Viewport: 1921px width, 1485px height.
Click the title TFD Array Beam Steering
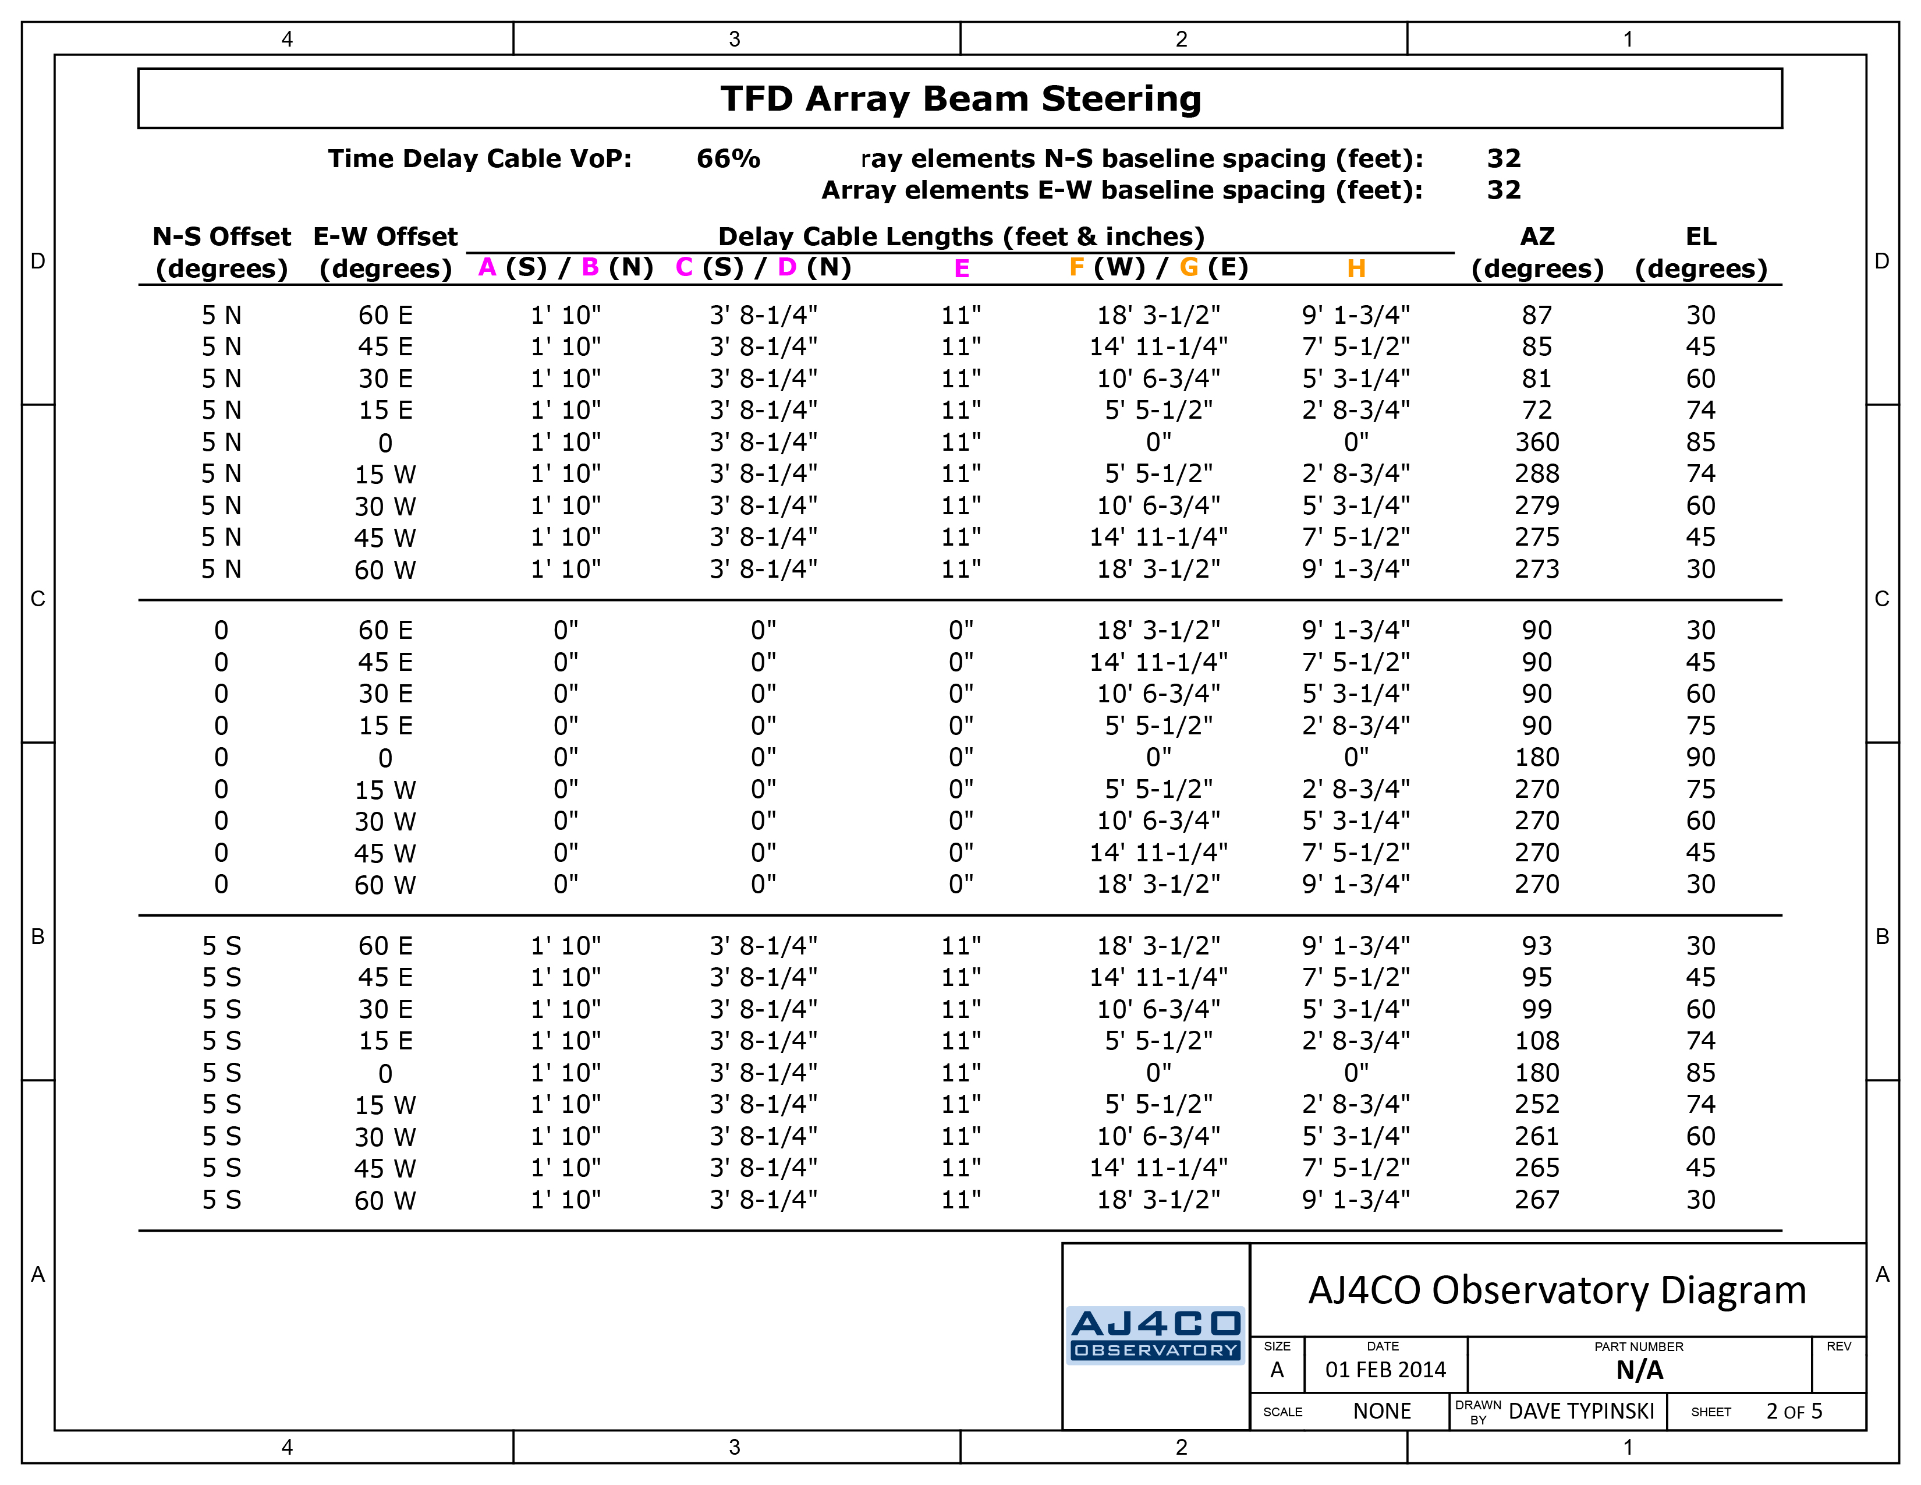click(960, 98)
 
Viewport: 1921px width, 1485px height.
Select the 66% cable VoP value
click(728, 158)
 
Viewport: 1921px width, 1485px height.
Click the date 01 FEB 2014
click(1385, 1370)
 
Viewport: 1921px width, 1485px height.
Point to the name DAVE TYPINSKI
click(1582, 1411)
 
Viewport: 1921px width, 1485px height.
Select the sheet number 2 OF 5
click(1794, 1411)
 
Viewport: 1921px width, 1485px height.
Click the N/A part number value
click(1639, 1370)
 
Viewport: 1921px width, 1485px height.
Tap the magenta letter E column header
click(962, 268)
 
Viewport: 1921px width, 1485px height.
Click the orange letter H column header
click(1356, 268)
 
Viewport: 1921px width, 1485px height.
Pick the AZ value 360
click(1537, 441)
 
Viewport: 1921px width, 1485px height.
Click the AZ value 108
click(1537, 1041)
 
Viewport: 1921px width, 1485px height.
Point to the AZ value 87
click(1537, 315)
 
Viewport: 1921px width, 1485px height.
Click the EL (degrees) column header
click(1700, 253)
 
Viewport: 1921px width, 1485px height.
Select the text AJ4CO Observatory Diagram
click(1557, 1290)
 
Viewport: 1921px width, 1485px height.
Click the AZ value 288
click(1537, 473)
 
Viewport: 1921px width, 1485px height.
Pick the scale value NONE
click(1382, 1411)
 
